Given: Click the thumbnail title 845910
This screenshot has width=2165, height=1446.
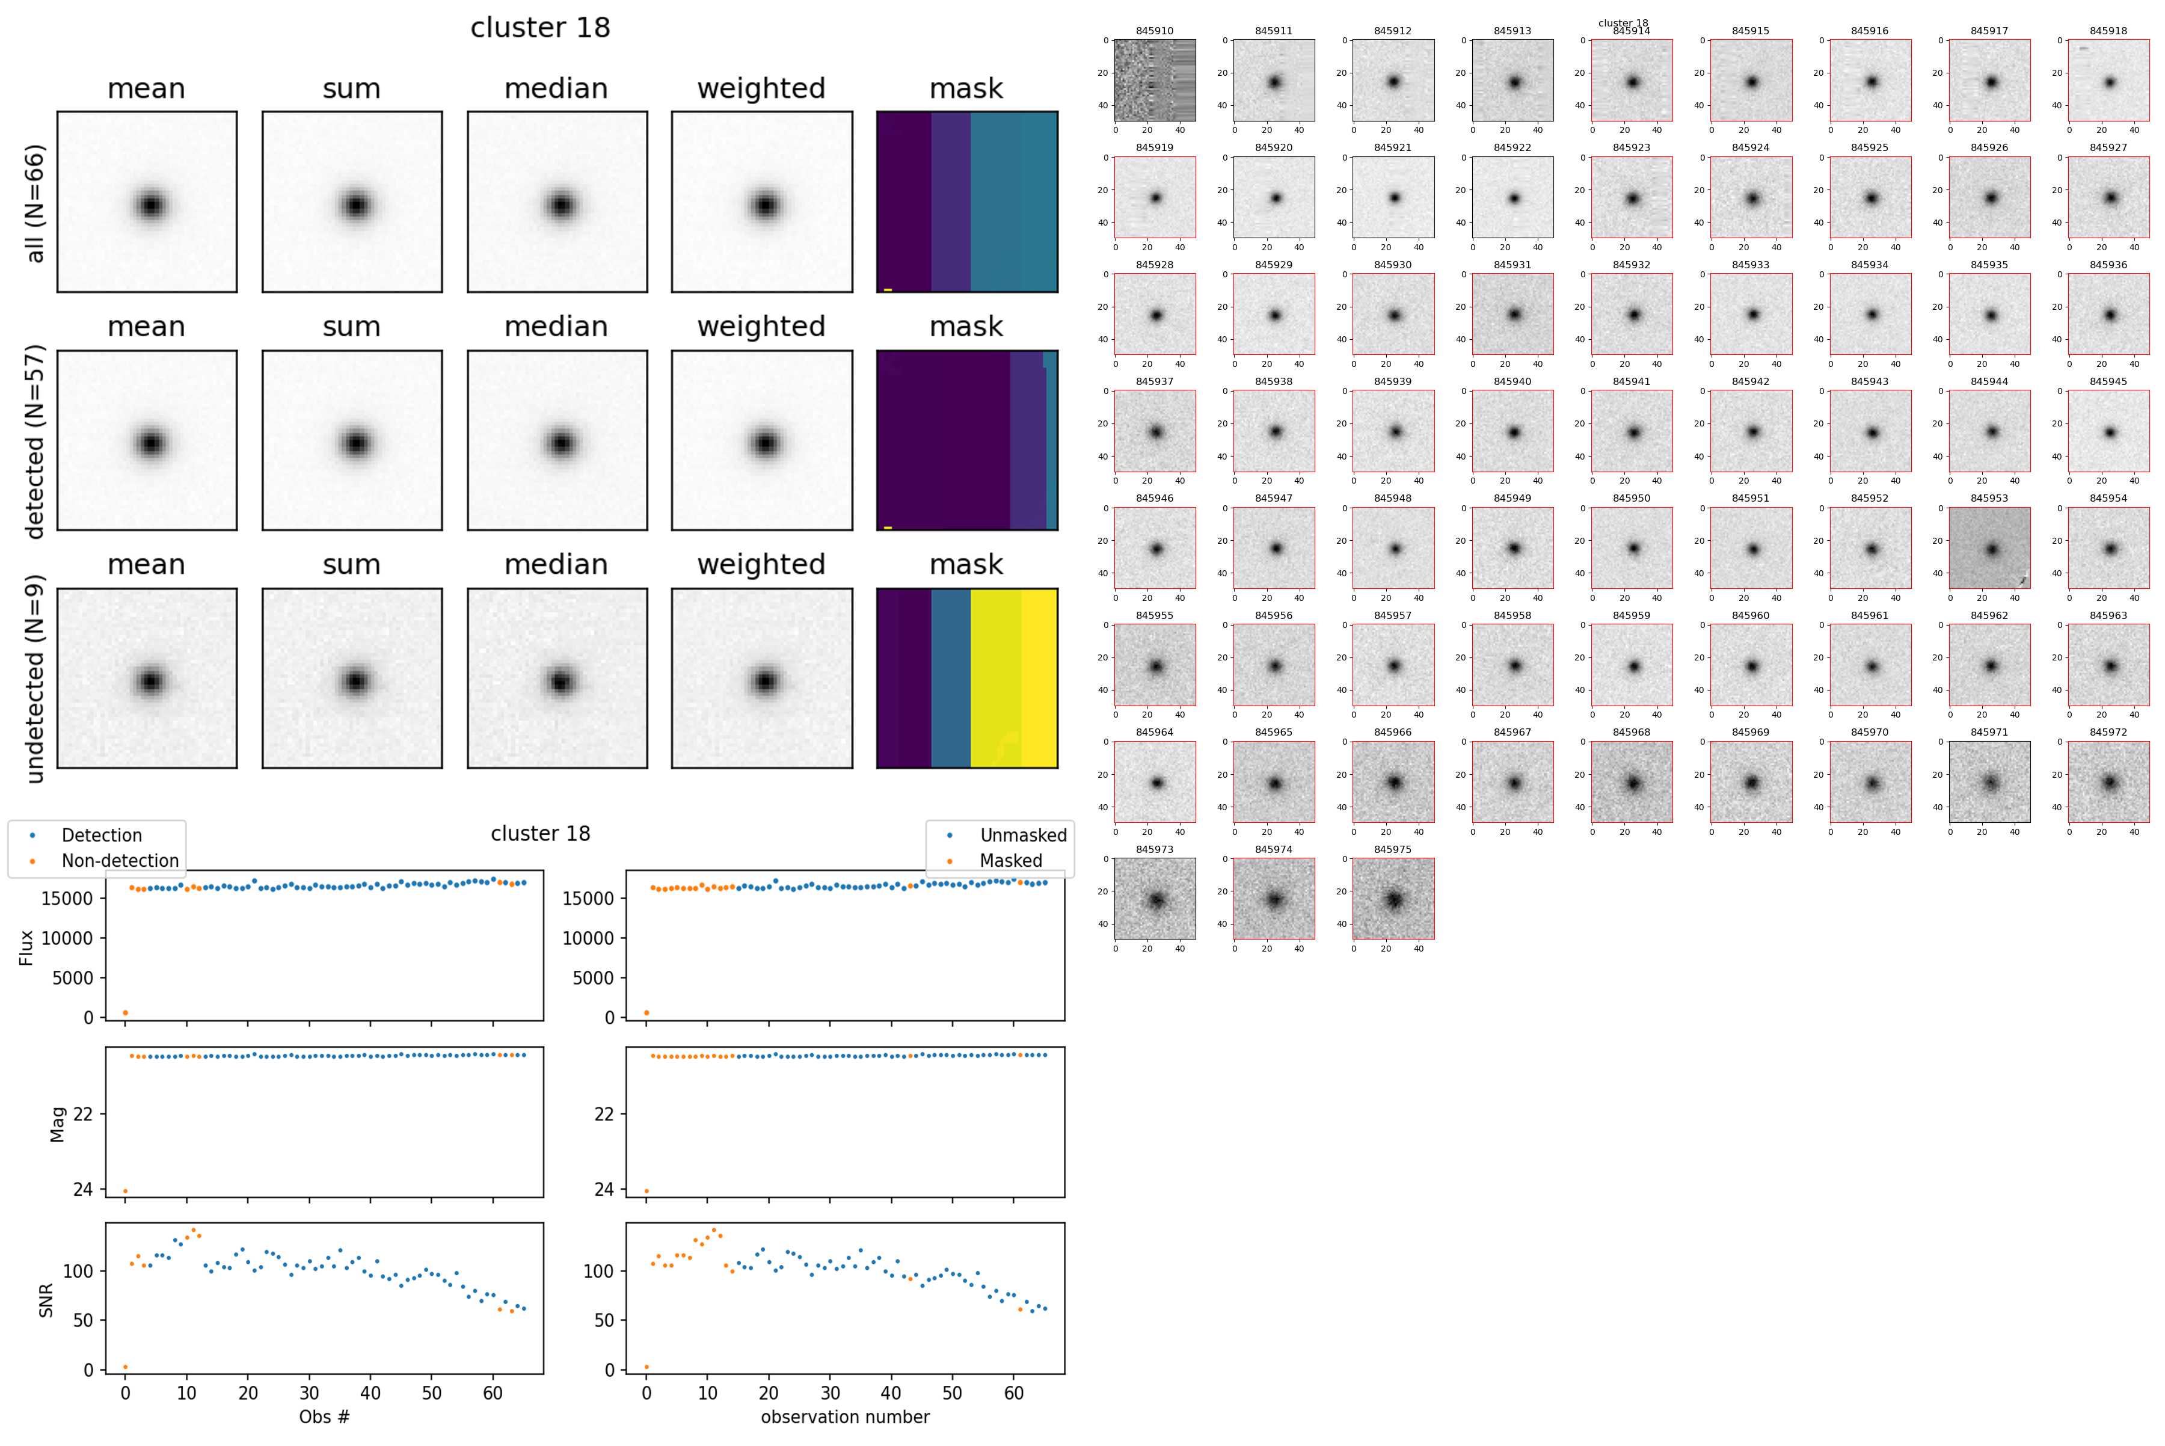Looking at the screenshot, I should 1155,31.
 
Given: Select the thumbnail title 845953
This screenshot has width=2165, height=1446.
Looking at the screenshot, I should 1989,498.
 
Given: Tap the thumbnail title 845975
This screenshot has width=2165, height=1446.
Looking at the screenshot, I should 1392,849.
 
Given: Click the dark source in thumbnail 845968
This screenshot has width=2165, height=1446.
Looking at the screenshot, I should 1633,784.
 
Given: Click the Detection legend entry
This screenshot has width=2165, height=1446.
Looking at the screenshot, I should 102,835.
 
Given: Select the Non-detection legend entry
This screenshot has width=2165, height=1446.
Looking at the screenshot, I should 120,860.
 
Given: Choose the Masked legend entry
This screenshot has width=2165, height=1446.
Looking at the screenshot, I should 1010,860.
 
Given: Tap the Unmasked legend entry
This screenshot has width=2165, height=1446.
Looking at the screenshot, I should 1022,835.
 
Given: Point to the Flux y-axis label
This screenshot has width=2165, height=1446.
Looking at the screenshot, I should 26,947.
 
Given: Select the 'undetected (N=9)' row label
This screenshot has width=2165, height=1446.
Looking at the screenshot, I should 35,678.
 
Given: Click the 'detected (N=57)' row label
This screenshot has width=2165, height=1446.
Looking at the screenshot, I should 35,441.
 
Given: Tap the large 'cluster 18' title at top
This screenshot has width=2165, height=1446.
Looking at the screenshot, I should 540,28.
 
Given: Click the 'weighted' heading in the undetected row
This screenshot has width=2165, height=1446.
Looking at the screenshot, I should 761,564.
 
